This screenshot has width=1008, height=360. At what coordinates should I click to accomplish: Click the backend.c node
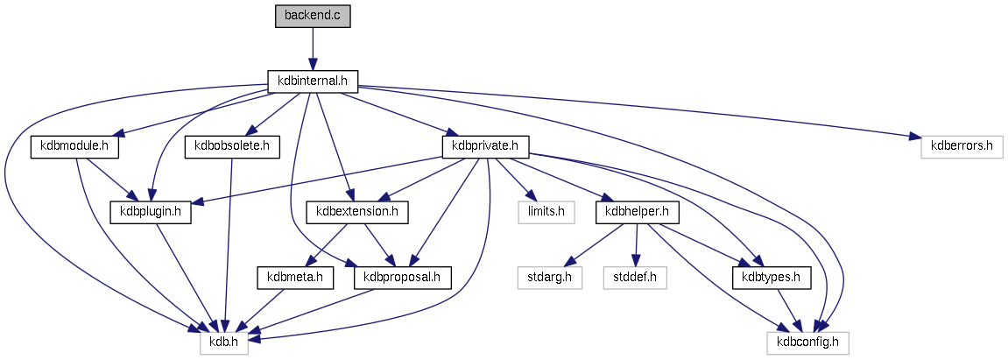[x=312, y=17]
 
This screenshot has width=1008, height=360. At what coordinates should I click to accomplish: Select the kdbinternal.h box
[x=312, y=81]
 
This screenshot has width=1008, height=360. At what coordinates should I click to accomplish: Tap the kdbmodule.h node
[x=74, y=146]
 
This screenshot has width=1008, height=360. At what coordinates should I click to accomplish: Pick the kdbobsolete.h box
[x=232, y=146]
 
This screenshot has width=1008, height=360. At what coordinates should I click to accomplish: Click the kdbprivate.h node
[x=487, y=146]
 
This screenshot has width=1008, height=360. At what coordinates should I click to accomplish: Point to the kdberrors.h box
[x=962, y=146]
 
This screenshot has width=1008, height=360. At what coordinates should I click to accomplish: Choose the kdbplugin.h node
[x=151, y=211]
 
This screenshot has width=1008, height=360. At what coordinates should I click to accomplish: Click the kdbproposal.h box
[x=402, y=278]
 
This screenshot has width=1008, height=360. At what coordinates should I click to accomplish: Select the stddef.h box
[x=635, y=278]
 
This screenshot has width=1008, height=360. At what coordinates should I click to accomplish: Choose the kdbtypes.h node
[x=767, y=278]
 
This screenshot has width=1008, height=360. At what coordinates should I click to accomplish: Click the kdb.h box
[x=224, y=342]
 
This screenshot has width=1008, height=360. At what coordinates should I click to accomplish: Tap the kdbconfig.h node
[x=807, y=342]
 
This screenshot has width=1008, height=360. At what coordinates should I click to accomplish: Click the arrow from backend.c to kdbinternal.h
[x=312, y=49]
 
